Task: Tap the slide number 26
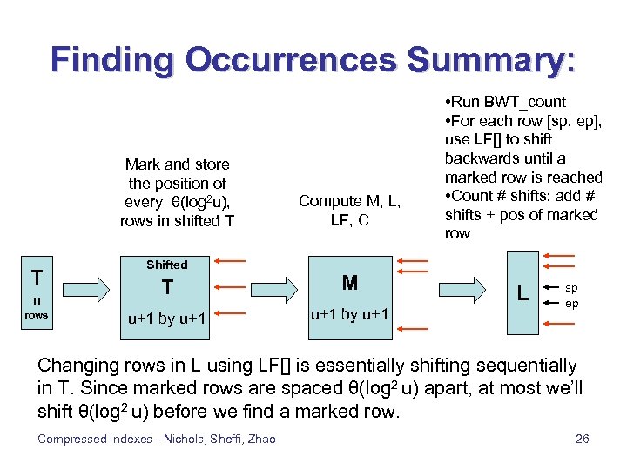tap(583, 439)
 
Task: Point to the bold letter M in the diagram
tap(350, 282)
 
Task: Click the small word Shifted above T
tap(166, 265)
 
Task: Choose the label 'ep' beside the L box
tap(571, 304)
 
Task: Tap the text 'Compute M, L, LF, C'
tap(350, 210)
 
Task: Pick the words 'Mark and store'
tap(177, 164)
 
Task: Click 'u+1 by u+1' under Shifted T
tap(166, 319)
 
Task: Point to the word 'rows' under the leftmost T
tap(37, 314)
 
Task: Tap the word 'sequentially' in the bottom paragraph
tap(530, 366)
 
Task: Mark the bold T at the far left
tap(37, 277)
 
